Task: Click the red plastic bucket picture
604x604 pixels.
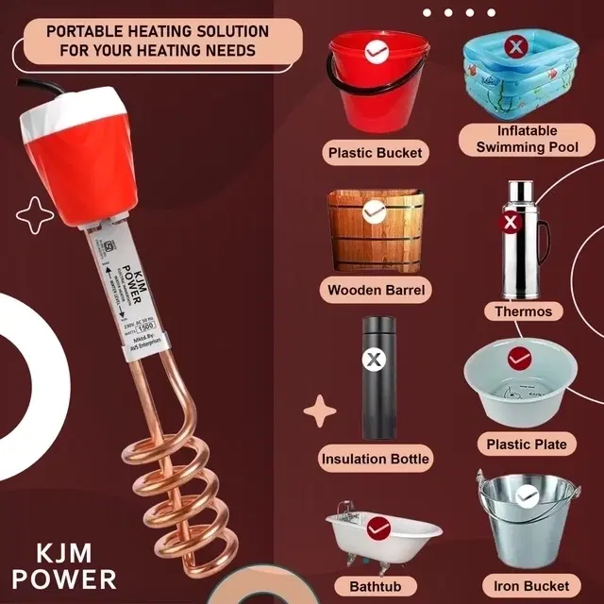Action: pos(375,85)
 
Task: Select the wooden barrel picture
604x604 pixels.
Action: pos(375,231)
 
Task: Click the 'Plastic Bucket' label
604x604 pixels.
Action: pos(375,152)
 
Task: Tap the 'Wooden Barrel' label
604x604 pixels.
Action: pos(375,290)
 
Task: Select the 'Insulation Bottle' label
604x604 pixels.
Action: pos(375,460)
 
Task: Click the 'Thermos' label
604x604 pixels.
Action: pos(523,310)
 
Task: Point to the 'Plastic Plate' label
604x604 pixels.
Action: pos(527,444)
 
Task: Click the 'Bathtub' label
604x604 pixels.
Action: pos(375,587)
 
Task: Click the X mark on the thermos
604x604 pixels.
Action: pos(511,224)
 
